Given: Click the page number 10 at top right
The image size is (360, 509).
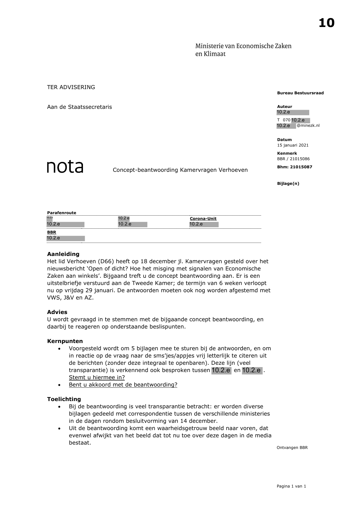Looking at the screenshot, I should (326, 23).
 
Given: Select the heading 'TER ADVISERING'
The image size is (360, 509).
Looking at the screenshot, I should (71, 87).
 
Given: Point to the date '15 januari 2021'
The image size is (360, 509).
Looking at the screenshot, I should (293, 145).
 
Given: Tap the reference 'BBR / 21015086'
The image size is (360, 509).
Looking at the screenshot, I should (293, 159).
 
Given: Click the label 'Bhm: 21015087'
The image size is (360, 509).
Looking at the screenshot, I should (294, 167).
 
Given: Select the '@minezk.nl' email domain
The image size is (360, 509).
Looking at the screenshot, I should (308, 126).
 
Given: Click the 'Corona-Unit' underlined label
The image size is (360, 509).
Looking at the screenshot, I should (203, 219).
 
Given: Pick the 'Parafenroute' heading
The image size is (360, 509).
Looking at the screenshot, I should (61, 213).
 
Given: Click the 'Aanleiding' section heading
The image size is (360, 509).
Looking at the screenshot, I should (63, 254).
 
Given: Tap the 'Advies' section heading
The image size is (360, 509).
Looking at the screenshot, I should (57, 312).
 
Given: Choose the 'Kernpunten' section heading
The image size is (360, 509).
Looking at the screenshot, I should (65, 341).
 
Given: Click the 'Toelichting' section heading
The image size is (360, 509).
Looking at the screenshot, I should (64, 399).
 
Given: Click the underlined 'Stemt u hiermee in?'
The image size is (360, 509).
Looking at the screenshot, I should (97, 377).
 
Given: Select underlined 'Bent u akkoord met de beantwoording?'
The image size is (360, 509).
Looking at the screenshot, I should (123, 385).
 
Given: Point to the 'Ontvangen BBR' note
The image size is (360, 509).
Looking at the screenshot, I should (292, 447).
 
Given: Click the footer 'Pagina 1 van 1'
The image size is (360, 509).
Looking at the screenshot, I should (291, 486).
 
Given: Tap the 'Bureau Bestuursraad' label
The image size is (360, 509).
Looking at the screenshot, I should (300, 93).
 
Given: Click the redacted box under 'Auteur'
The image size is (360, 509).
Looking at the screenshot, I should (293, 112).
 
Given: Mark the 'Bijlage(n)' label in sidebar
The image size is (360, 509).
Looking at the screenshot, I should (288, 183).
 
